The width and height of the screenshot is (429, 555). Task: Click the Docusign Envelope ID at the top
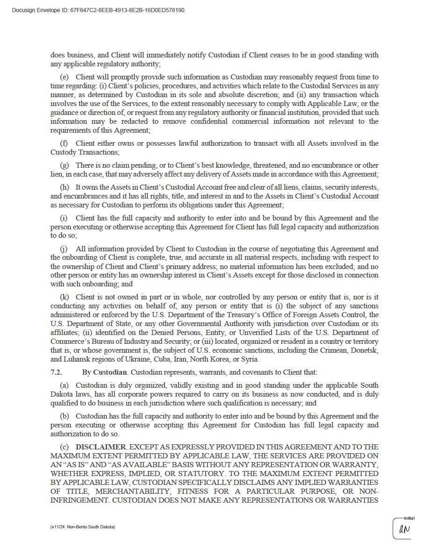[x=98, y=10]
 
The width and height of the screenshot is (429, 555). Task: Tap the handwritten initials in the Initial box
[x=404, y=529]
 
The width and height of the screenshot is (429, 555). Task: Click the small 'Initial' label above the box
[x=409, y=518]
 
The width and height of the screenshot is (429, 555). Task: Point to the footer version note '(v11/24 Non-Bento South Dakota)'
[x=83, y=527]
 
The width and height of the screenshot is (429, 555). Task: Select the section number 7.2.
[x=56, y=372]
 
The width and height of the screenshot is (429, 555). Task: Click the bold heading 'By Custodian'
[x=104, y=372]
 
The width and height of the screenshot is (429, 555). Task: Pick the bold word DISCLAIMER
[x=100, y=447]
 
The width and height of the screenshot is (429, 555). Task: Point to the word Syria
[x=250, y=359]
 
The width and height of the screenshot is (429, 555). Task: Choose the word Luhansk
[x=76, y=359]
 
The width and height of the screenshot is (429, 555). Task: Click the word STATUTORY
[x=173, y=474]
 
